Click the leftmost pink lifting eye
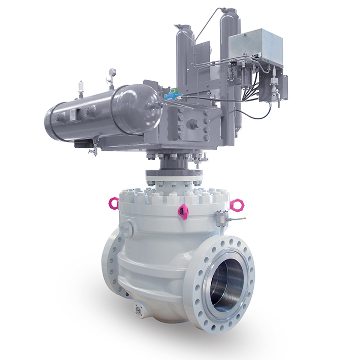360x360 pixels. click(x=114, y=203)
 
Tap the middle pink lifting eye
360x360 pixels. click(x=183, y=211)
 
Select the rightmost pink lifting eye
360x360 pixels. click(x=237, y=205)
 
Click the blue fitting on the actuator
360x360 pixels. click(x=174, y=94)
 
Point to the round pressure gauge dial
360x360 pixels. click(x=112, y=72)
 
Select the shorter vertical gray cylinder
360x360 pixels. click(x=185, y=51)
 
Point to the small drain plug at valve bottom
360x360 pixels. click(x=138, y=309)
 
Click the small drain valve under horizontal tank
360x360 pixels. click(x=93, y=150)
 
